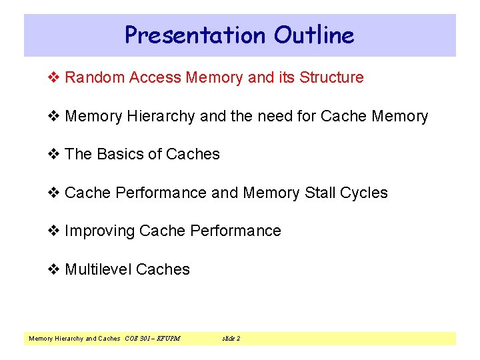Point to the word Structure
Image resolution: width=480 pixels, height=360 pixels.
tap(331, 77)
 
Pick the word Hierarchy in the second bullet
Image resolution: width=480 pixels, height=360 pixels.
tap(159, 116)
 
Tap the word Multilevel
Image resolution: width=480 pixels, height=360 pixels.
tap(98, 269)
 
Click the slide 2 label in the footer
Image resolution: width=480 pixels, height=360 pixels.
tap(231, 339)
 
